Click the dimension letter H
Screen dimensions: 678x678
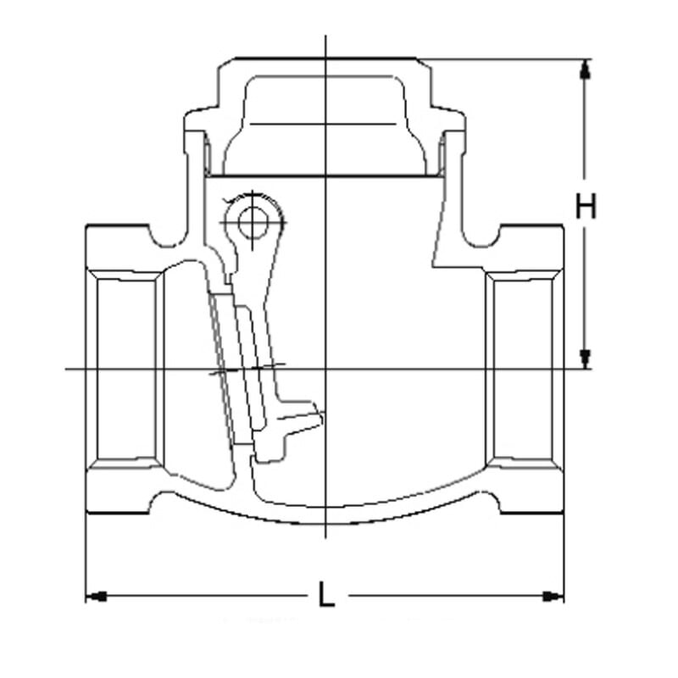point(586,206)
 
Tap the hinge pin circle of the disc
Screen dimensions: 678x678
point(253,223)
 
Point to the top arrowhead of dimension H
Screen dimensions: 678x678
point(585,69)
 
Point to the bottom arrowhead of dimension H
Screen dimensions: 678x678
point(585,358)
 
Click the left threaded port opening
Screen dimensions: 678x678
point(126,369)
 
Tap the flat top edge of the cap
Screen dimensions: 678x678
point(325,58)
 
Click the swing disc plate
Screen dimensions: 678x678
point(225,369)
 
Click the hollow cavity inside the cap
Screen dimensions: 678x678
point(325,125)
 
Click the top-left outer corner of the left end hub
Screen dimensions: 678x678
point(86,225)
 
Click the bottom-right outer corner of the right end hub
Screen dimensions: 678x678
point(564,514)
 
